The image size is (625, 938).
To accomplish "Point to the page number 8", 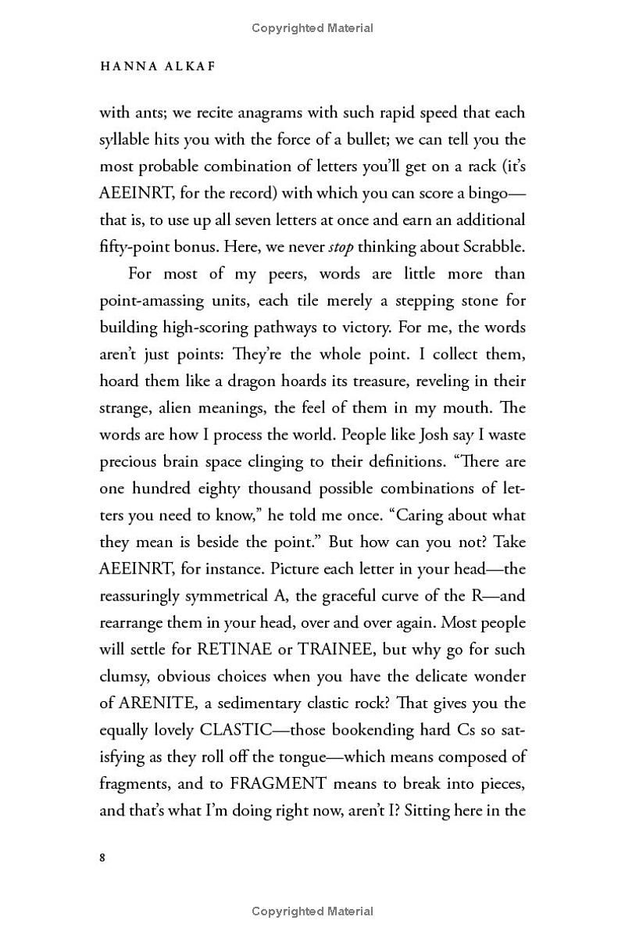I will point(103,857).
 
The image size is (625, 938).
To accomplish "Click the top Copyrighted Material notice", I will point(312,28).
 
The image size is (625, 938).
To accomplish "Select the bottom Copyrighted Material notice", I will point(312,911).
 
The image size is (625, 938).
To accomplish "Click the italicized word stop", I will point(341,247).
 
